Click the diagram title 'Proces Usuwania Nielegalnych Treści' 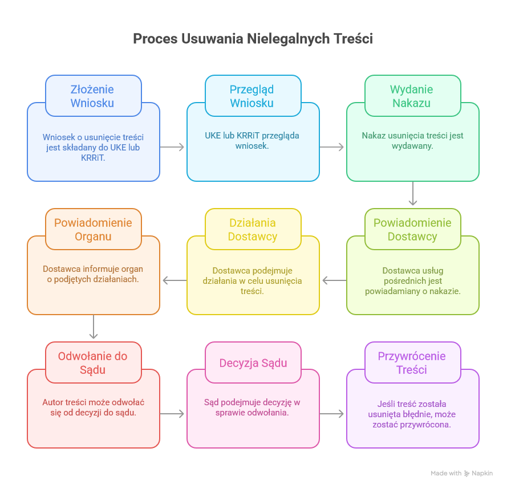pyautogui.click(x=253, y=39)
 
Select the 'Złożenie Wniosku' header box pyautogui.click(x=93, y=96)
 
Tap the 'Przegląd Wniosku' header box pyautogui.click(x=253, y=96)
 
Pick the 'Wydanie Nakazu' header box pyautogui.click(x=412, y=96)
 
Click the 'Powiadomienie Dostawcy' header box pyautogui.click(x=412, y=229)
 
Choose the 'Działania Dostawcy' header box pyautogui.click(x=253, y=229)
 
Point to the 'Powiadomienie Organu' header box pyautogui.click(x=93, y=229)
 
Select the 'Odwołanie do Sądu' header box pyautogui.click(x=93, y=362)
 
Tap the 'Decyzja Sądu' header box pyautogui.click(x=253, y=362)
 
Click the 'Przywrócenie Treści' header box pyautogui.click(x=412, y=362)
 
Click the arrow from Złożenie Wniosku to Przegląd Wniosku pyautogui.click(x=173, y=147)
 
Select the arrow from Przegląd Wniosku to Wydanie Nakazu pyautogui.click(x=332, y=147)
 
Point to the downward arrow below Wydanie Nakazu pyautogui.click(x=413, y=194)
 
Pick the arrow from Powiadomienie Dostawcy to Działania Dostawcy pyautogui.click(x=334, y=280)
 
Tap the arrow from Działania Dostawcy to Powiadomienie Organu pyautogui.click(x=174, y=280)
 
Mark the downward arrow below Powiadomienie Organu pyautogui.click(x=94, y=328)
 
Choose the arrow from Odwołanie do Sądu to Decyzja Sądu pyautogui.click(x=173, y=414)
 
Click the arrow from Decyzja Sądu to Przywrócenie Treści pyautogui.click(x=332, y=414)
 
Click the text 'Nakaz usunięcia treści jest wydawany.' pyautogui.click(x=412, y=140)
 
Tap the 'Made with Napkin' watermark pyautogui.click(x=461, y=473)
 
